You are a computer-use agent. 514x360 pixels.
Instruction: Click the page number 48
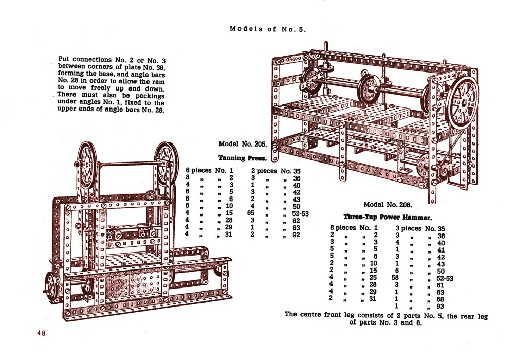pyautogui.click(x=41, y=333)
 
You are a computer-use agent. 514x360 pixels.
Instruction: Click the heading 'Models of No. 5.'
pyautogui.click(x=268, y=29)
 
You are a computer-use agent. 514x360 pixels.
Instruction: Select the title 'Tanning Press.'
pyautogui.click(x=240, y=158)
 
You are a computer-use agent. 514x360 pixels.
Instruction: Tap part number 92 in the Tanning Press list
pyautogui.click(x=296, y=235)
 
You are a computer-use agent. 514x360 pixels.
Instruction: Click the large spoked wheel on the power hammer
pyautogui.click(x=462, y=101)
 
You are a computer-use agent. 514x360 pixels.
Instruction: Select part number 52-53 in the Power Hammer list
pyautogui.click(x=442, y=278)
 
